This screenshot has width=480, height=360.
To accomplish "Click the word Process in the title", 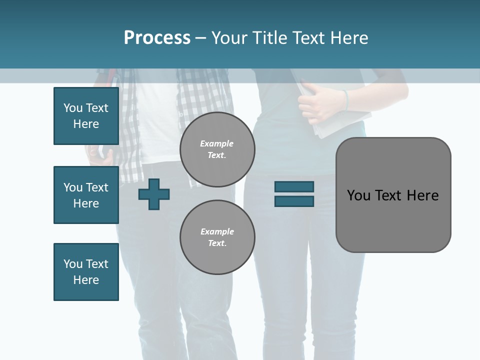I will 157,38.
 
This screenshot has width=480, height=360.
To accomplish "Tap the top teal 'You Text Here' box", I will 86,116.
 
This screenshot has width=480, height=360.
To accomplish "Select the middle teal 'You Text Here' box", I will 86,195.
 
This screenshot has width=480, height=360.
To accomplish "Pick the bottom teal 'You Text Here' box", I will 86,272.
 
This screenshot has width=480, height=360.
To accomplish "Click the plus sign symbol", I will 154,194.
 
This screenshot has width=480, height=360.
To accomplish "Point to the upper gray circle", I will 217,149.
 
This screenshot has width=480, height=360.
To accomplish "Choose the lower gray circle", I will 217,237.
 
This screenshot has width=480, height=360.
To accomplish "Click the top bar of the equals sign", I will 294,186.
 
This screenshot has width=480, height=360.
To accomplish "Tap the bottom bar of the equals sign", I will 294,201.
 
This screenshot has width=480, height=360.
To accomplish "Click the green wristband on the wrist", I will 345,99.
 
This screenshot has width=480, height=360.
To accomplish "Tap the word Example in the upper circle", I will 217,143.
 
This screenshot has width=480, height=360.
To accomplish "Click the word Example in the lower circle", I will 217,231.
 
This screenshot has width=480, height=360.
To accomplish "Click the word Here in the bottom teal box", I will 86,280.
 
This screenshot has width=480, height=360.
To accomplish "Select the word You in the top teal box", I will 73,108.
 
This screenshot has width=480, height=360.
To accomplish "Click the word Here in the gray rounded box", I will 422,195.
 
